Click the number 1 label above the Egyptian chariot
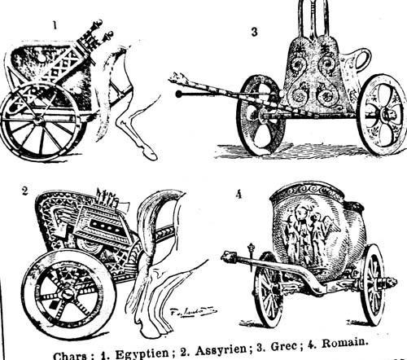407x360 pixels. tap(55, 25)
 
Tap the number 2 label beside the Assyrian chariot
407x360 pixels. tap(24, 191)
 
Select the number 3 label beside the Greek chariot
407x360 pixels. tap(254, 32)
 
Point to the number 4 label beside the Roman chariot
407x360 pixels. tap(239, 195)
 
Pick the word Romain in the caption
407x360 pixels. tap(344, 343)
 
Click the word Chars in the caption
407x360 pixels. tap(71, 356)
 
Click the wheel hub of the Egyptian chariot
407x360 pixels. tap(39, 120)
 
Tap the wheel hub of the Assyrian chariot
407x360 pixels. tap(67, 294)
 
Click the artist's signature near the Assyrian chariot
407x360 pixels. tap(192, 312)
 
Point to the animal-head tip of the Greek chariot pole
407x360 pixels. tap(175, 78)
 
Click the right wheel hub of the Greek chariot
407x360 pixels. tap(386, 115)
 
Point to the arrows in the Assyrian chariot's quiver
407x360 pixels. tap(108, 198)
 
